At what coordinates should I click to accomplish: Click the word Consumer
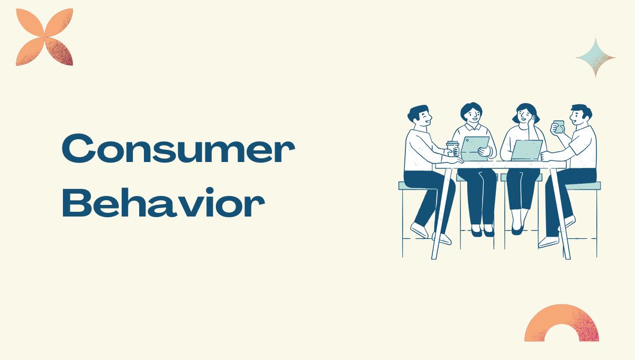click(178, 151)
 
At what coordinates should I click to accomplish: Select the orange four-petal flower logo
click(44, 37)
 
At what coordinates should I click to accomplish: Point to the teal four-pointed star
click(595, 57)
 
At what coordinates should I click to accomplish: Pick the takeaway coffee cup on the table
click(452, 149)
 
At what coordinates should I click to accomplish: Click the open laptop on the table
click(527, 150)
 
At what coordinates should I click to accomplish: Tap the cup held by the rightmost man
click(558, 127)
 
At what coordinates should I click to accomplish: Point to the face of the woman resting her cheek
click(525, 115)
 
